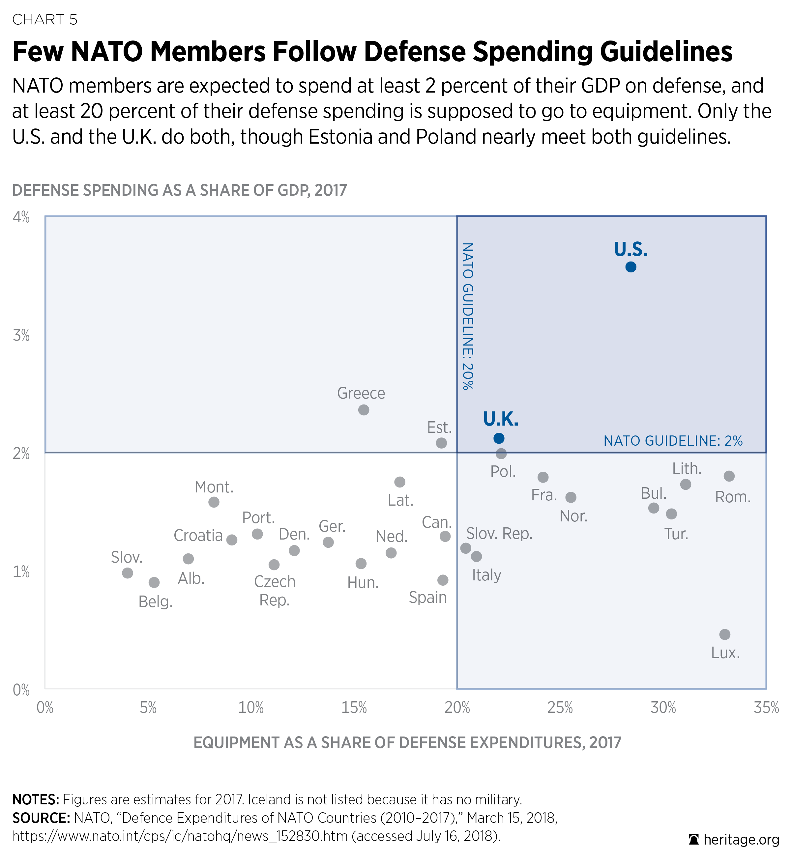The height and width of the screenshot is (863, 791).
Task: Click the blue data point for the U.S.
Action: point(630,267)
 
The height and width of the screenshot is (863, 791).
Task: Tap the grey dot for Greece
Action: point(364,410)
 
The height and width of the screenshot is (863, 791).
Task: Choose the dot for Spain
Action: point(443,580)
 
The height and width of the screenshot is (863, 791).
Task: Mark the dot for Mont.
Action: point(214,502)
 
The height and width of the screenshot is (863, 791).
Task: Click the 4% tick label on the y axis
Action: point(21,217)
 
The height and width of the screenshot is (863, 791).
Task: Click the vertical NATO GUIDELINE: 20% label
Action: point(468,316)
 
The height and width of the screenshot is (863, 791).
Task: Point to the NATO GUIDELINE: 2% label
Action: point(673,441)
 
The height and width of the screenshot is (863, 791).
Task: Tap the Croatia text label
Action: point(198,536)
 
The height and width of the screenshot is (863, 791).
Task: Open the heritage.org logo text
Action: point(741,840)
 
